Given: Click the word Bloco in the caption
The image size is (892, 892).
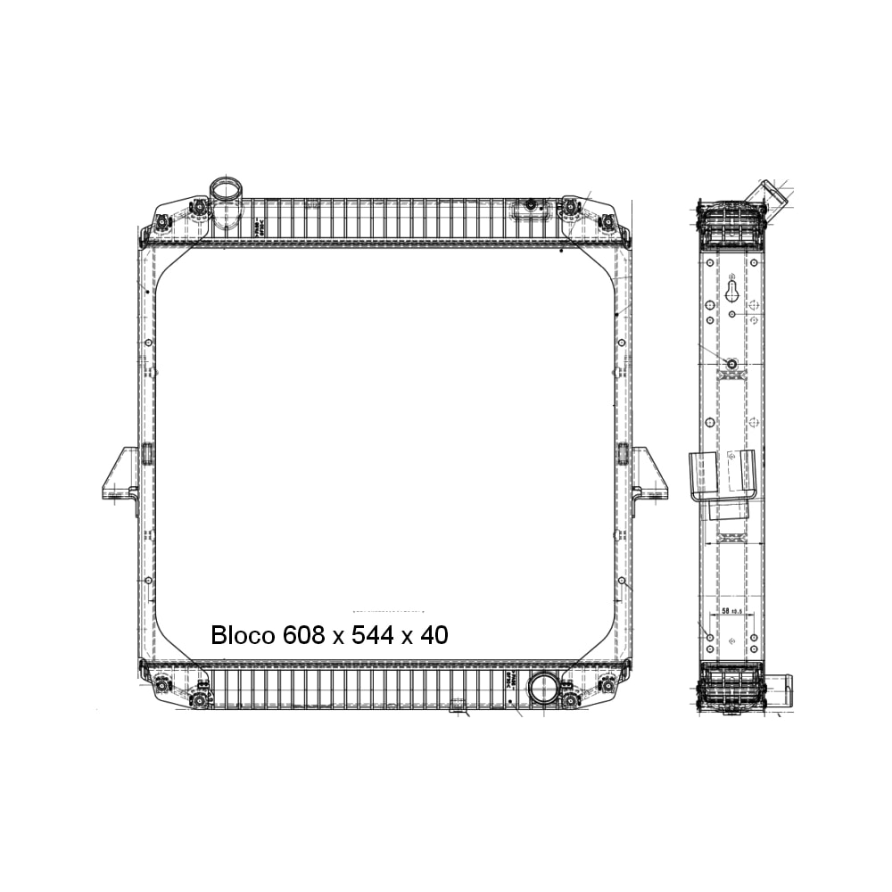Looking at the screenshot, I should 243,635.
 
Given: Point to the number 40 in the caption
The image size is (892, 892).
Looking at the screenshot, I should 434,635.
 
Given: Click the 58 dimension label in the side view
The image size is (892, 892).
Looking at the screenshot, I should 724,613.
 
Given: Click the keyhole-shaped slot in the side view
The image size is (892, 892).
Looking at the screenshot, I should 731,290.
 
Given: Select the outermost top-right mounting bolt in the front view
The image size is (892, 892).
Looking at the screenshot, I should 608,220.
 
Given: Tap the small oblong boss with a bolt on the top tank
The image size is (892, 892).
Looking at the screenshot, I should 530,206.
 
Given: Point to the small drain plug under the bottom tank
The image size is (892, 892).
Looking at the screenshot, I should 458,708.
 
